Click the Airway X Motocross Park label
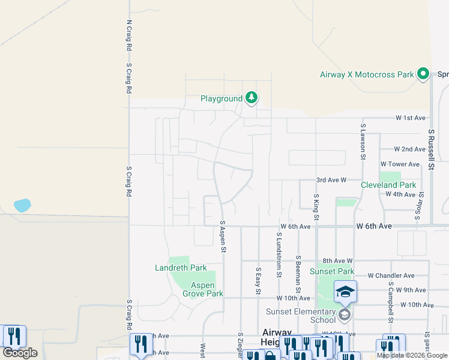(x=366, y=74)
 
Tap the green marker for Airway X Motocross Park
(x=423, y=74)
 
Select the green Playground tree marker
(x=252, y=98)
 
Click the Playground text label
(x=221, y=98)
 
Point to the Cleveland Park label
(x=388, y=185)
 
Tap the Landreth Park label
(x=181, y=268)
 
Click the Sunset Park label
(x=332, y=271)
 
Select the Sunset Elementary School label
(x=301, y=316)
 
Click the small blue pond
(x=22, y=205)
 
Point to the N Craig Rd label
(x=128, y=34)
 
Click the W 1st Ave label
(x=410, y=118)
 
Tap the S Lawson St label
(x=363, y=142)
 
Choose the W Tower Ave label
(x=400, y=164)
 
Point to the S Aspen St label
(x=223, y=236)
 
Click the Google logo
(x=20, y=353)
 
